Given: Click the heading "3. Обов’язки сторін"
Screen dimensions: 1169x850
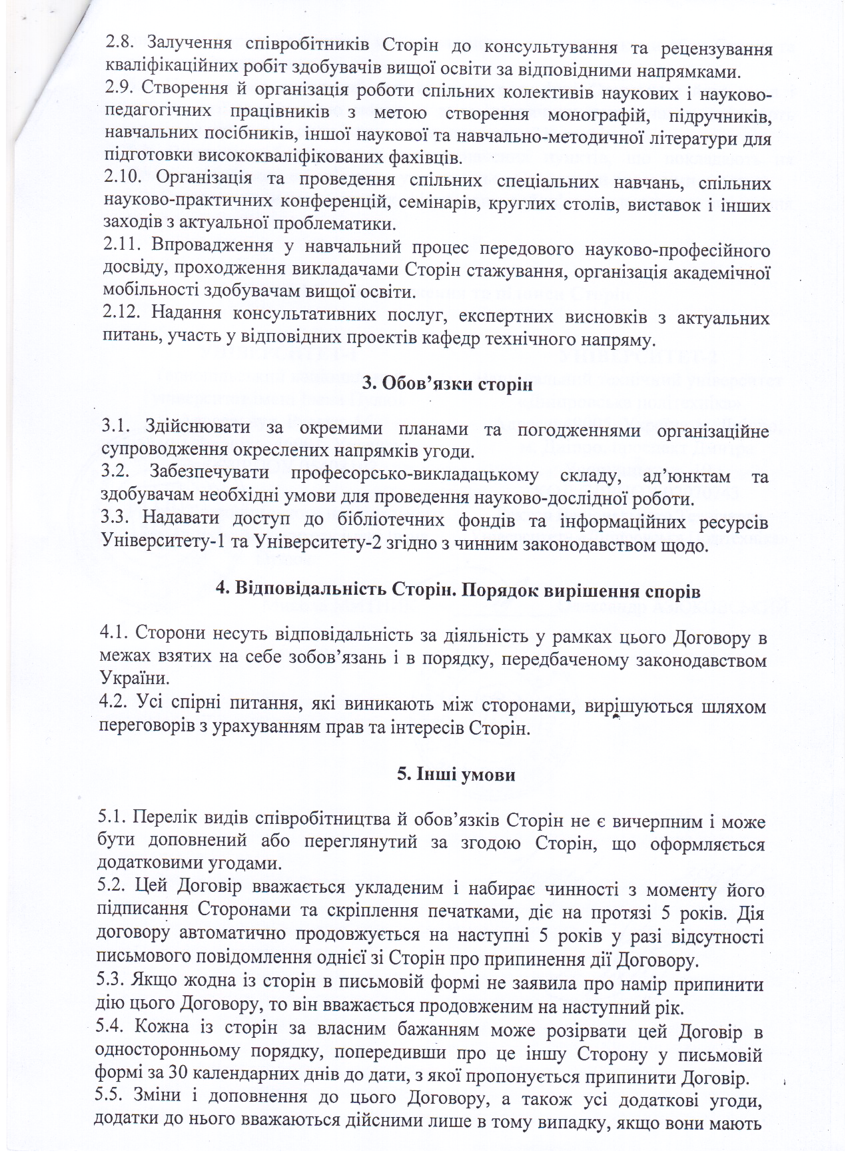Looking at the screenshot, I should click(x=447, y=384).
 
